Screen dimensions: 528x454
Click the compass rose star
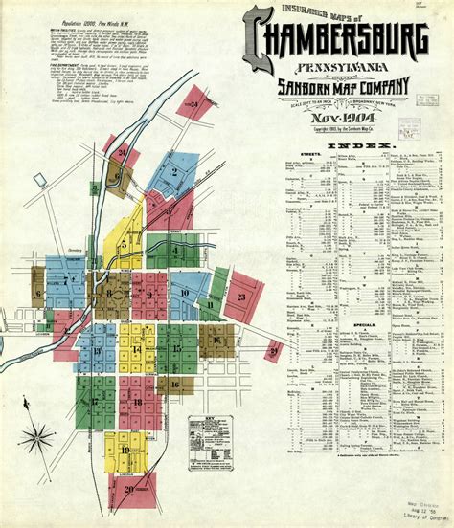point(39,439)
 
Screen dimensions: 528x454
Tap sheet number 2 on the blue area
point(174,172)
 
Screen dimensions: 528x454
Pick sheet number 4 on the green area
point(175,251)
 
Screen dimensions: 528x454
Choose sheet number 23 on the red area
point(241,297)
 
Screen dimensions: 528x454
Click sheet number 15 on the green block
point(177,349)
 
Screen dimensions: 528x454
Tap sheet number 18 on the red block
point(137,402)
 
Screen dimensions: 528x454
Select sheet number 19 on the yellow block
point(125,450)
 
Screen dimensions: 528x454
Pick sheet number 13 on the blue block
point(97,350)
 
